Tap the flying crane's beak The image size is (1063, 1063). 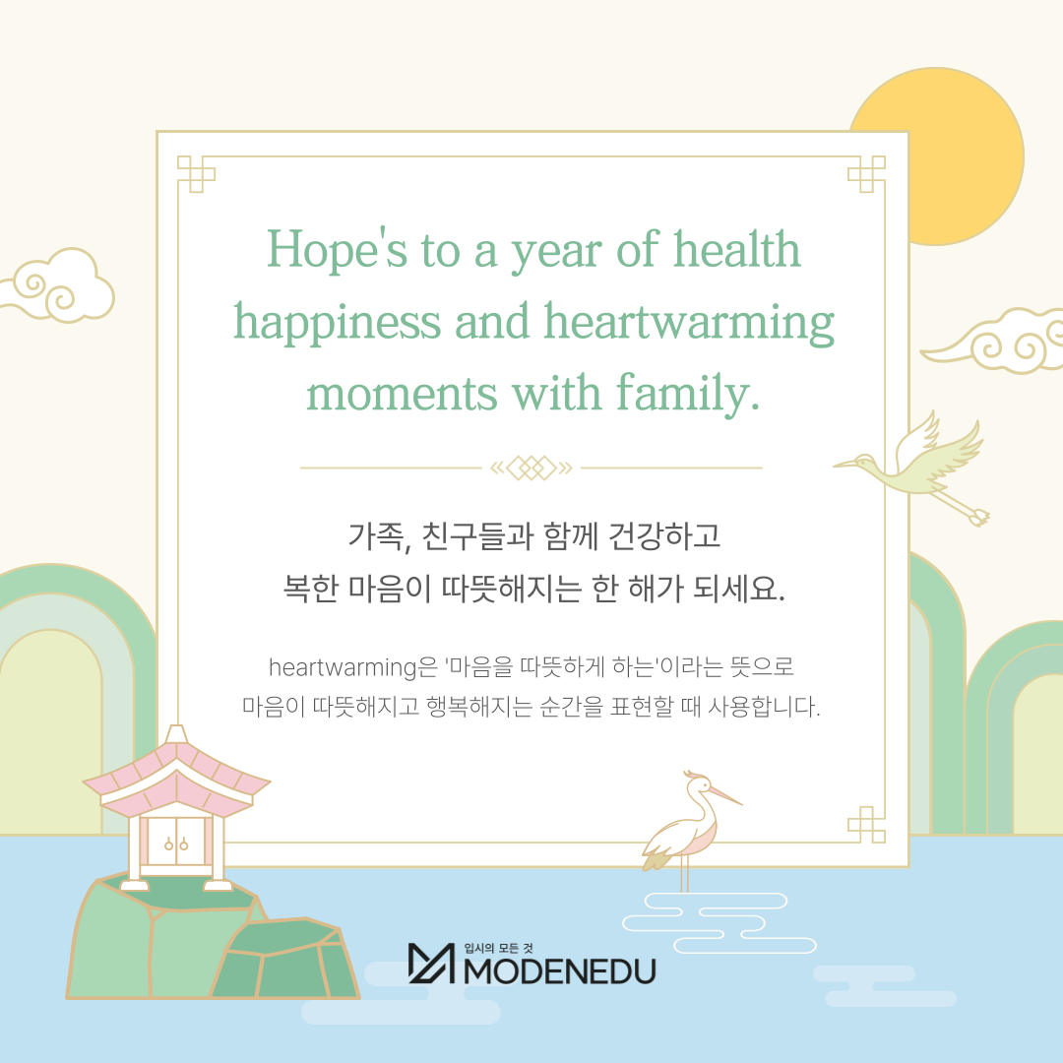coord(844,465)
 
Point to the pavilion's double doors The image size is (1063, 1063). coord(176,841)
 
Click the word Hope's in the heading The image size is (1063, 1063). coord(337,249)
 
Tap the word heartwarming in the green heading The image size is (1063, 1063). coord(689,323)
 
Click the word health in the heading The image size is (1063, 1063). coord(737,249)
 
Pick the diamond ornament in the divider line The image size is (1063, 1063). coord(531,468)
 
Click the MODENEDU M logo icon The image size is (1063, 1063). coord(431,964)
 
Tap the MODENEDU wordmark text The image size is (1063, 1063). coord(560,971)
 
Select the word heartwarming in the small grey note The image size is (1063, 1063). coord(344,667)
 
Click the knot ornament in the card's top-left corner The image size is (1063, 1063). coord(196,173)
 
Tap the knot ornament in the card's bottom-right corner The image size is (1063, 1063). coord(866,825)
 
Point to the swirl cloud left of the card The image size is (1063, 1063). coord(58,284)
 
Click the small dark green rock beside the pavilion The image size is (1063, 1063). coord(284,960)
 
